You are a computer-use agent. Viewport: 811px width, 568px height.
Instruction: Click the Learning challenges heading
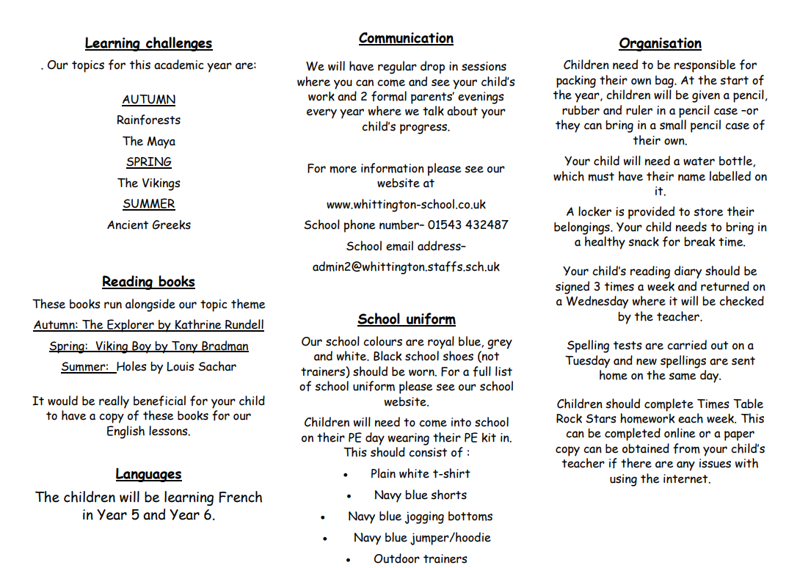pyautogui.click(x=148, y=43)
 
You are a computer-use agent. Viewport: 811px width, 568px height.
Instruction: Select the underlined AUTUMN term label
pyautogui.click(x=149, y=99)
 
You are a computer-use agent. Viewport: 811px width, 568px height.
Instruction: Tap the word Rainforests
pyautogui.click(x=148, y=120)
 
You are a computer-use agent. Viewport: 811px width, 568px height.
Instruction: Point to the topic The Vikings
pyautogui.click(x=149, y=183)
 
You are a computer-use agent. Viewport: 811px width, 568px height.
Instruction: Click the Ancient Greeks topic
pyautogui.click(x=149, y=225)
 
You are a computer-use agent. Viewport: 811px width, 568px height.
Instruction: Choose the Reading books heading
pyautogui.click(x=148, y=282)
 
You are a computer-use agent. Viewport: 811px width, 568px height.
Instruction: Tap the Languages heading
pyautogui.click(x=148, y=474)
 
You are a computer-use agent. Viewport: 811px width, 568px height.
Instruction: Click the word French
pyautogui.click(x=236, y=497)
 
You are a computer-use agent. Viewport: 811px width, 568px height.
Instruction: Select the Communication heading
pyautogui.click(x=406, y=38)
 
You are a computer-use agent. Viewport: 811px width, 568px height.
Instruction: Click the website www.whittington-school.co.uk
pyautogui.click(x=406, y=204)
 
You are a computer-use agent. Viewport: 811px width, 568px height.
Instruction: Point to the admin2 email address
pyautogui.click(x=406, y=267)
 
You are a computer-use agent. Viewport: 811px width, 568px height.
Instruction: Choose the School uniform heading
pyautogui.click(x=407, y=319)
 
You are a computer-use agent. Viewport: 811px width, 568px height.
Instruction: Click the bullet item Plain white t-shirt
pyautogui.click(x=420, y=474)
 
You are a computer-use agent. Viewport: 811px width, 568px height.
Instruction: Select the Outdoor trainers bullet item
pyautogui.click(x=420, y=558)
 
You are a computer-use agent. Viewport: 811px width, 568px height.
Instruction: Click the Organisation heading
pyautogui.click(x=660, y=43)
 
